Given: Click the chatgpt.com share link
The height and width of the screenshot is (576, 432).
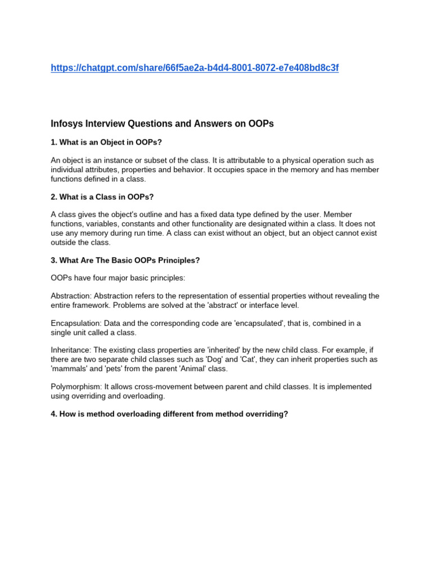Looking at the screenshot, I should coord(195,68).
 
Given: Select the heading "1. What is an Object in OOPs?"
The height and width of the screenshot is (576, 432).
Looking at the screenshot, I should coord(106,142).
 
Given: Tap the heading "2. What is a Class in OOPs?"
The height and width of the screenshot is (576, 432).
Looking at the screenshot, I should coord(102,197).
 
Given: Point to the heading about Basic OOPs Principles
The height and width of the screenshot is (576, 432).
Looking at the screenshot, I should coord(125,260).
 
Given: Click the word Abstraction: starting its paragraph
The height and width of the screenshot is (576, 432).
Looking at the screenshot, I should coord(71,296).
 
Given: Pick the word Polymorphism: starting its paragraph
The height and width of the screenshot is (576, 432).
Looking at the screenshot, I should coord(76,387).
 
